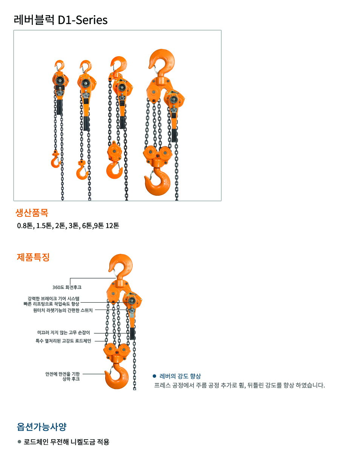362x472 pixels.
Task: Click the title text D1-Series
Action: click(x=83, y=20)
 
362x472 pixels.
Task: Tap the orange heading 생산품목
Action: click(x=32, y=212)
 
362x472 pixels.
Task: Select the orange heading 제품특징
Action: click(x=33, y=257)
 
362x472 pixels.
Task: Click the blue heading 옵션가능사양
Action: click(x=41, y=427)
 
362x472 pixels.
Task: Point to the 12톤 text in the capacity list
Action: click(x=112, y=226)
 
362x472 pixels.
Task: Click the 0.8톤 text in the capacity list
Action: click(x=25, y=226)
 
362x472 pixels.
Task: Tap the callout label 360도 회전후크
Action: click(x=67, y=287)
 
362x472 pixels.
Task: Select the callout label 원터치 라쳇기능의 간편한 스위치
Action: click(x=63, y=310)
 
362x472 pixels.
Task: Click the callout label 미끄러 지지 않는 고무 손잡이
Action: click(x=63, y=333)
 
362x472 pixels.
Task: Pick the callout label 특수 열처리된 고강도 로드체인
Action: click(x=63, y=341)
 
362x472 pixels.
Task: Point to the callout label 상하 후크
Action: click(x=71, y=379)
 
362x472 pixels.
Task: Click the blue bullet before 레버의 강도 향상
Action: click(x=154, y=376)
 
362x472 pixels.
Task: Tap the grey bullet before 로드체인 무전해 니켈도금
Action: click(x=19, y=441)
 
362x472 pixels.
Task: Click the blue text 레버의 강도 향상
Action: click(x=180, y=376)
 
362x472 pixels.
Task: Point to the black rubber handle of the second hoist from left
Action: click(x=86, y=123)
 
